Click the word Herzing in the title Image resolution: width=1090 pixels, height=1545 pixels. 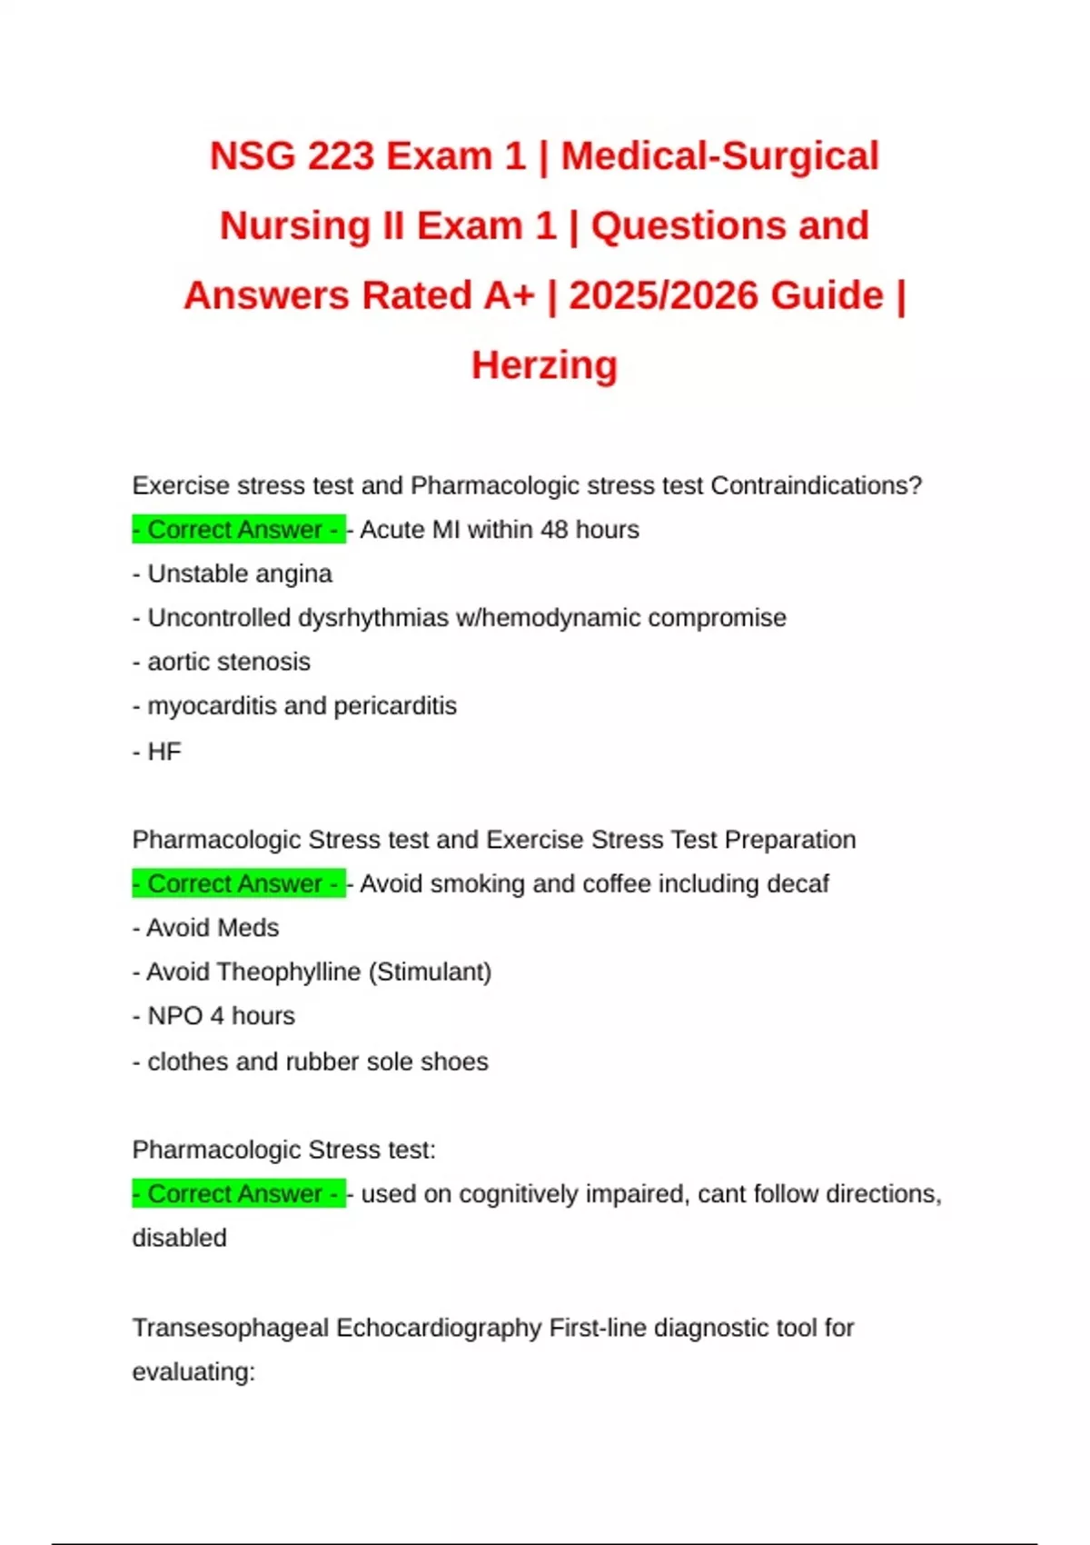click(544, 365)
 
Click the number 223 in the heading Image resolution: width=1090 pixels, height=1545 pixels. click(341, 156)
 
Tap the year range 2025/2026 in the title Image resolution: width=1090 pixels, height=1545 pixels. click(726, 296)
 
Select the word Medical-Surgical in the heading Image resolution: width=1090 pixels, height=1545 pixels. click(719, 156)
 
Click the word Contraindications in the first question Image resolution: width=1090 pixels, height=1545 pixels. click(815, 485)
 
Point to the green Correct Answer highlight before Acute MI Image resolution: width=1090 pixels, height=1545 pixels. click(238, 529)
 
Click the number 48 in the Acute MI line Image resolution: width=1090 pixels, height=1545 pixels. click(554, 529)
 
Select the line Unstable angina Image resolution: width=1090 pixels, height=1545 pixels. click(233, 573)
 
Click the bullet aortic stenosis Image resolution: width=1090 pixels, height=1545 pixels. click(222, 662)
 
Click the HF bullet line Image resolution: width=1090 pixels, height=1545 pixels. click(157, 752)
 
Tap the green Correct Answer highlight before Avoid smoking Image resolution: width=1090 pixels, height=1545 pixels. click(238, 883)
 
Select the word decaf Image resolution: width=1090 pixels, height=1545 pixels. click(798, 883)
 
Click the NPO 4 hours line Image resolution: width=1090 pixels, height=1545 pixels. click(214, 1016)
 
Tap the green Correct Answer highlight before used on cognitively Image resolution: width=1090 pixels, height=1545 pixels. click(238, 1193)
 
